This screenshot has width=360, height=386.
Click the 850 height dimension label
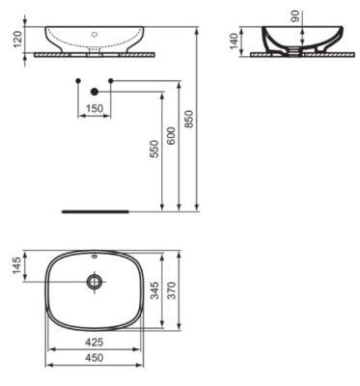pyautogui.click(x=190, y=119)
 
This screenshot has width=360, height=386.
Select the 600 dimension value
pyautogui.click(x=172, y=136)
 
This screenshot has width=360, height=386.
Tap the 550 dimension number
pyautogui.click(x=154, y=149)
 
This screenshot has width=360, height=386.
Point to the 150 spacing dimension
pyautogui.click(x=95, y=108)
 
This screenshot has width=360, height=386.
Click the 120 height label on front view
pyautogui.click(x=18, y=39)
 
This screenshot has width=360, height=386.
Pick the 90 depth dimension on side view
pyautogui.click(x=295, y=16)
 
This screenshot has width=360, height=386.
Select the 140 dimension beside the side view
pyautogui.click(x=235, y=41)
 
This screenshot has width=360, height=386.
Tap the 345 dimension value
pyautogui.click(x=154, y=290)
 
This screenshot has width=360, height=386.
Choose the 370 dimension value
pyautogui.click(x=173, y=290)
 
